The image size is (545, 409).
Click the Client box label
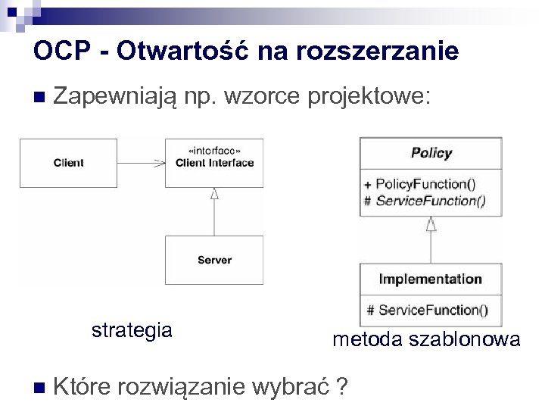69,163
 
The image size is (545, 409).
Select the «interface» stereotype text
214,150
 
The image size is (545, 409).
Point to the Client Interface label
214,163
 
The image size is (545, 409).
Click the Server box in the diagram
214,260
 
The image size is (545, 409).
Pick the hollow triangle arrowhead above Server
214,194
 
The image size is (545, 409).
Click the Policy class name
431,153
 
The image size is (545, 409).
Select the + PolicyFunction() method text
419,184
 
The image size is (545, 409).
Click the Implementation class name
430,279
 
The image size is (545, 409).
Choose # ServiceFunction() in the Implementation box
427,310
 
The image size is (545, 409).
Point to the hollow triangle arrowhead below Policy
431,223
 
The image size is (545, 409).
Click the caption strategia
132,330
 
